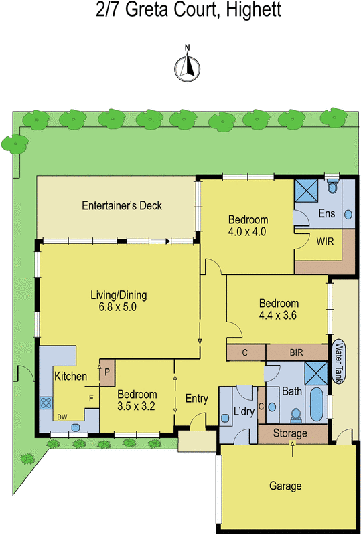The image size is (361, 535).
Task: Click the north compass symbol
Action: point(188,66)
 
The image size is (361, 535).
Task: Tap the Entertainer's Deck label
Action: point(122,205)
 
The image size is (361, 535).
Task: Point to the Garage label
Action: point(285,486)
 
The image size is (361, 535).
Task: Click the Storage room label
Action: point(290,433)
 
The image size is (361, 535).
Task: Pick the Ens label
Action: point(326,214)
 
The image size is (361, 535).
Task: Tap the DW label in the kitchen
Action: point(63,417)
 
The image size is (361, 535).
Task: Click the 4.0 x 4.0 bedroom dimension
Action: point(248,232)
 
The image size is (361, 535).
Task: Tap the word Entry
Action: point(196,399)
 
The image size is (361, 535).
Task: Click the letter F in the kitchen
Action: point(91,397)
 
